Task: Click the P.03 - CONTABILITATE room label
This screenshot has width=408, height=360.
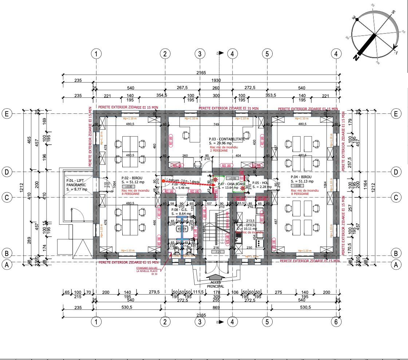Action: click(x=226, y=139)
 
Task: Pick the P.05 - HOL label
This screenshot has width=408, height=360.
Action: click(x=261, y=183)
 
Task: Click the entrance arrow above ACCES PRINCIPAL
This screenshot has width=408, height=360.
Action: click(x=215, y=277)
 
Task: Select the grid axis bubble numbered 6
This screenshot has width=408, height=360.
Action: click(x=336, y=322)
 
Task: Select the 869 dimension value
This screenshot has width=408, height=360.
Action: click(x=216, y=307)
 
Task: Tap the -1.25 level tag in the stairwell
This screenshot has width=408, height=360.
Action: click(x=218, y=252)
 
